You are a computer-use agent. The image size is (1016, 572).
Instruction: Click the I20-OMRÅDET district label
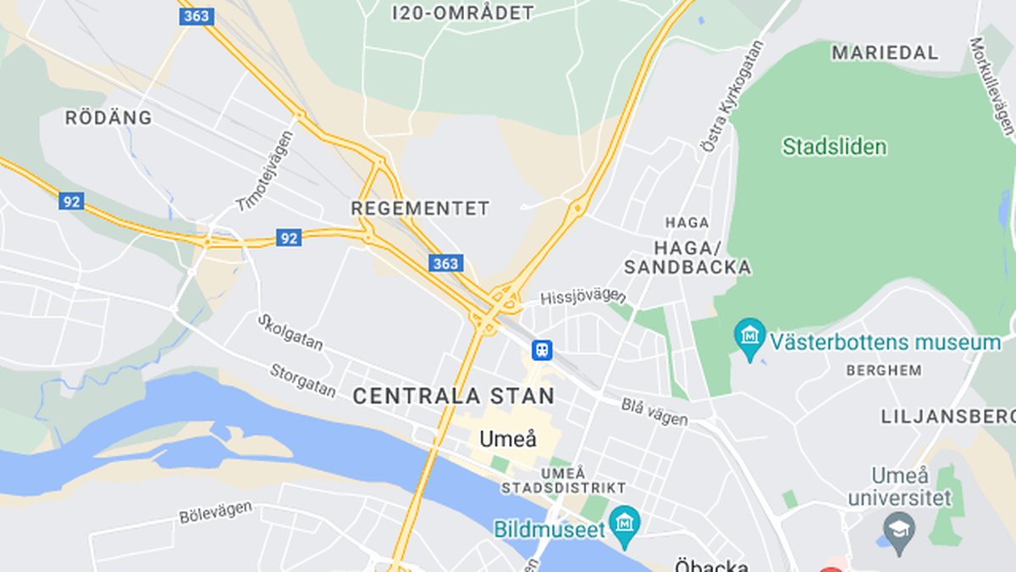463,13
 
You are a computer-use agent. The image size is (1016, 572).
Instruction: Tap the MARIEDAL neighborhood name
885,53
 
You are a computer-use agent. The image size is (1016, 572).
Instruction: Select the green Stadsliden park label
834,147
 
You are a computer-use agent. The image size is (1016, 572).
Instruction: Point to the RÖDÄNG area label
108,118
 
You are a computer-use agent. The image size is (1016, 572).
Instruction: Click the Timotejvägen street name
265,172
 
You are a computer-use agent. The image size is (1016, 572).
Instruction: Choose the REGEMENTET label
420,208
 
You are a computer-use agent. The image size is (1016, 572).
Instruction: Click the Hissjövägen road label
583,296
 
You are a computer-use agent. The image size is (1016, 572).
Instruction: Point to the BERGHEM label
884,370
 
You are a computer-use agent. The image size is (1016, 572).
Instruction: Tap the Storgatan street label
302,379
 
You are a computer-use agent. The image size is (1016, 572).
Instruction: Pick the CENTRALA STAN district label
453,396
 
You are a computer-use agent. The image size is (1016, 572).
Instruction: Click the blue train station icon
542,349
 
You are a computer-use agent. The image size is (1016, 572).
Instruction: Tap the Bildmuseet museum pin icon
625,524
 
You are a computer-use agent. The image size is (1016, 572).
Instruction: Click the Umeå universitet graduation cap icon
898,530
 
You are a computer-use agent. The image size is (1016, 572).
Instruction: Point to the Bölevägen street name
215,512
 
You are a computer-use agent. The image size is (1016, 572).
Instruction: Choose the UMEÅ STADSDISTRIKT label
563,480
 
